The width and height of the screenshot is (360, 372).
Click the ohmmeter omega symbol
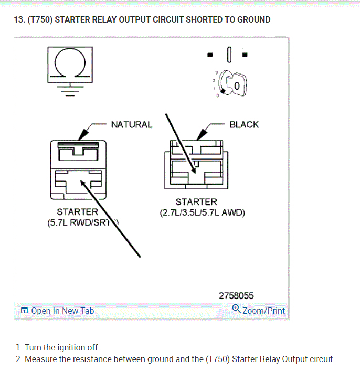point(70,63)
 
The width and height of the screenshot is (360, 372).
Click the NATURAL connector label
point(131,124)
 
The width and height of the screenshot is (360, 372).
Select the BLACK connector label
point(244,124)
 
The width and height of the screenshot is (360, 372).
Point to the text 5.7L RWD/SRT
point(79,222)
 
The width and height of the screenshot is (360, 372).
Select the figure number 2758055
point(236,296)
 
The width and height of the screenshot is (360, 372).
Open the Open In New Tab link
point(62,311)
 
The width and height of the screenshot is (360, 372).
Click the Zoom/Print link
point(263,311)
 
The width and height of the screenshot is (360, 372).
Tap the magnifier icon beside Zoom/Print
point(236,309)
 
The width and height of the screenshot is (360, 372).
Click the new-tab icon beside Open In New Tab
point(24,311)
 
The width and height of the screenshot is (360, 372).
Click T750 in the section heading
point(40,20)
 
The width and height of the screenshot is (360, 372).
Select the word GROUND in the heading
point(254,20)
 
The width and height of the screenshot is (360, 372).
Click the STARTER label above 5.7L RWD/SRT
point(78,212)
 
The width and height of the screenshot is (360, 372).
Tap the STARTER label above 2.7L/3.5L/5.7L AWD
point(196,202)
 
